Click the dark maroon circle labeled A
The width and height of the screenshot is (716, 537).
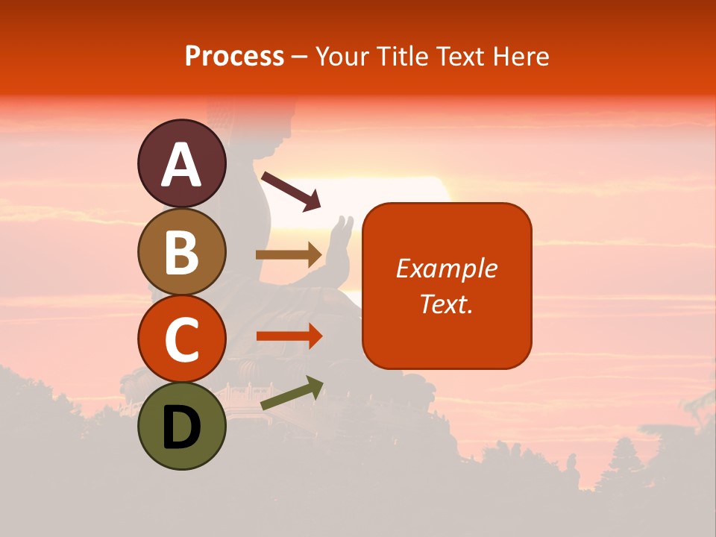point(181,163)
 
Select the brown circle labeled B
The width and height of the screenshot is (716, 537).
point(181,251)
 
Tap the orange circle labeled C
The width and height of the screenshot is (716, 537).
point(181,339)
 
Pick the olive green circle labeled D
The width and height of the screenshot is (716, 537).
point(181,426)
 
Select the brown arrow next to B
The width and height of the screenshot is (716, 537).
point(289,255)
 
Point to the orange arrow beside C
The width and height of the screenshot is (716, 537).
point(289,336)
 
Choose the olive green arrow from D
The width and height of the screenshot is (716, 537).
point(292,393)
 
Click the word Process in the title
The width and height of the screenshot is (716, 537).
point(234,57)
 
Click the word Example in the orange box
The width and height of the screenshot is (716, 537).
point(446,268)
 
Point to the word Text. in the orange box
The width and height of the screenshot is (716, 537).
point(446,304)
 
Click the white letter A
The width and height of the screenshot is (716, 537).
point(181,165)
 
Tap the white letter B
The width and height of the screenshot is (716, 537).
point(181,252)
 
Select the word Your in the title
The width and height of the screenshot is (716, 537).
point(342,57)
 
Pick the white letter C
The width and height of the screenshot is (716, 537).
point(181,339)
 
